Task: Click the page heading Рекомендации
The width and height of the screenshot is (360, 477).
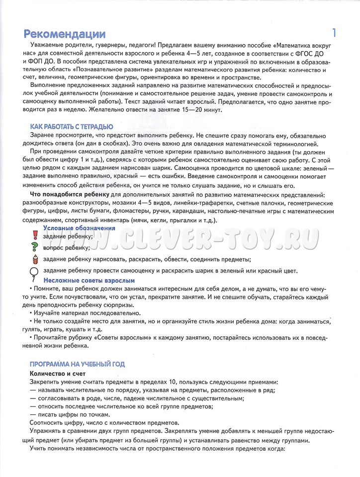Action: coord(65,34)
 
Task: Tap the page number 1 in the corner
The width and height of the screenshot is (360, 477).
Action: coord(334,33)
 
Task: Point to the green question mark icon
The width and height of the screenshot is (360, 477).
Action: coord(35,247)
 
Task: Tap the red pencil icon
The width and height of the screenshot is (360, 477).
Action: coord(35,259)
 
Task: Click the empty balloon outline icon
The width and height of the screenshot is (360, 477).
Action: coord(35,271)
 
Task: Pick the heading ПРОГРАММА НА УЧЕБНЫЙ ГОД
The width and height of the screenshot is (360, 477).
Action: coord(77,364)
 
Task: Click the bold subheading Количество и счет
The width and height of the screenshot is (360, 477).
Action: coord(58,373)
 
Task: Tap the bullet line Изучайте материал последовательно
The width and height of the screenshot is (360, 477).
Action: coord(87,313)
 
